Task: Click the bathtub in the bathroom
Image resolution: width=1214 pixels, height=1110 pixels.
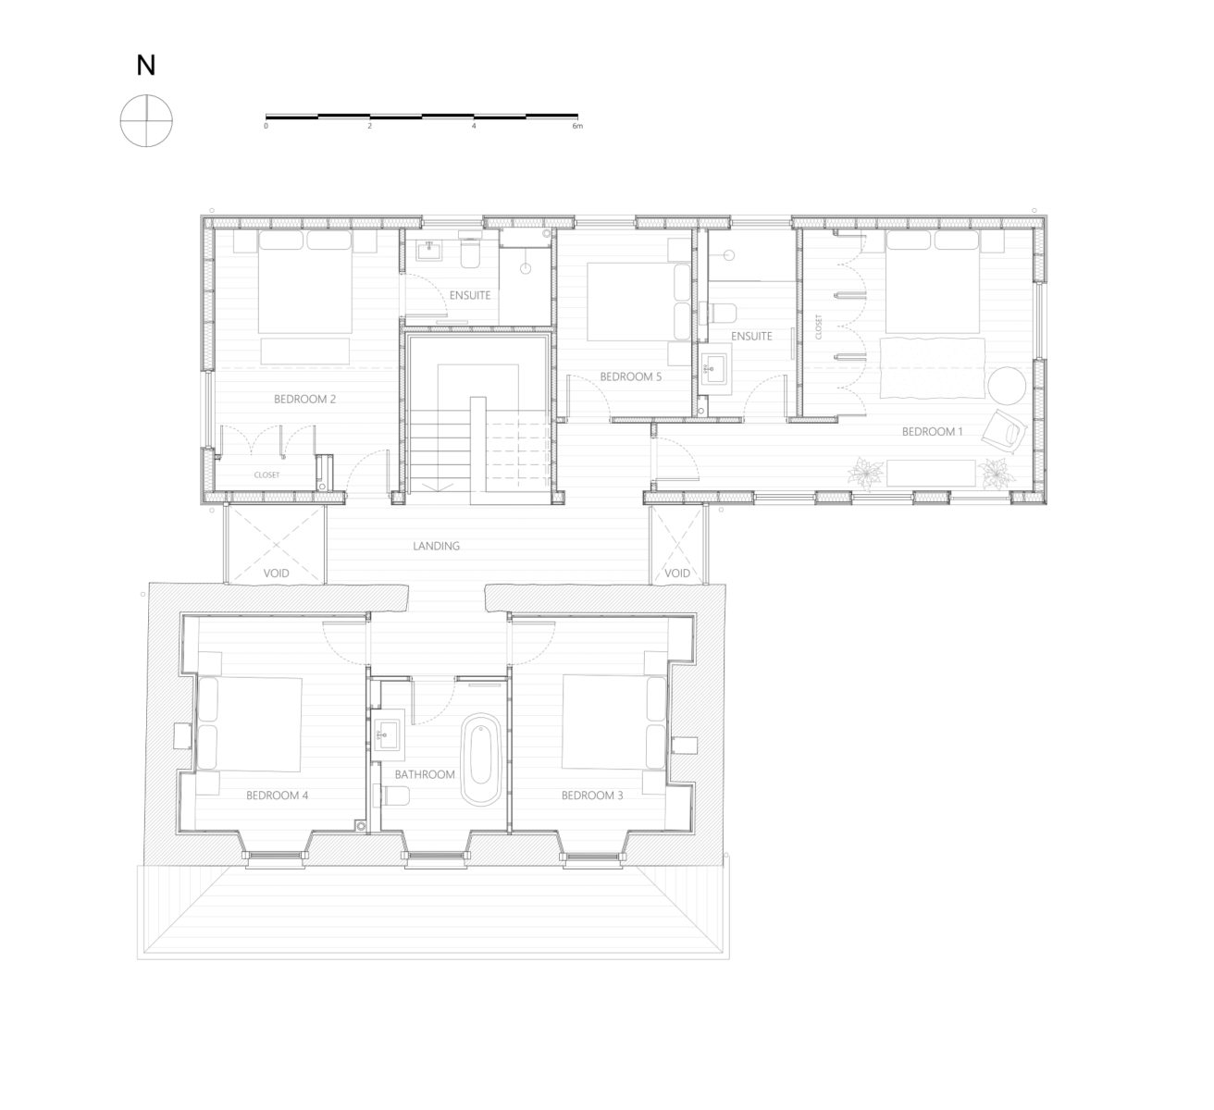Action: (x=481, y=759)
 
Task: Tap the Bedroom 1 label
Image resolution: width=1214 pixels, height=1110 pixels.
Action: (x=932, y=432)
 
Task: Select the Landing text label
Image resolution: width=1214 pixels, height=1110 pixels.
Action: (x=437, y=546)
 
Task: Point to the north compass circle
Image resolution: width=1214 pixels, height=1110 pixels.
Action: (x=146, y=120)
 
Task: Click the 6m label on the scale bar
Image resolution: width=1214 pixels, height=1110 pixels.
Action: (x=578, y=126)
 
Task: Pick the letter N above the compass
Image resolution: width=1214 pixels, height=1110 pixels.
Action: (x=146, y=66)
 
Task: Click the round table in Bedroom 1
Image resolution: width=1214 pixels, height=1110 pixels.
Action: (x=1007, y=386)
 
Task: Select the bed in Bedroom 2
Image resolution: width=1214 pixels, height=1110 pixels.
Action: (x=305, y=281)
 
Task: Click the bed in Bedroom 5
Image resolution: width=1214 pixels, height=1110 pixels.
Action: (x=639, y=302)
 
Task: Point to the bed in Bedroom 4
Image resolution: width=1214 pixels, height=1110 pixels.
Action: (x=249, y=724)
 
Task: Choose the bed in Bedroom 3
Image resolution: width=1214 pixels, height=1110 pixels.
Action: (x=615, y=722)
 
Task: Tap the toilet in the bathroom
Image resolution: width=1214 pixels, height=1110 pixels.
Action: (x=391, y=795)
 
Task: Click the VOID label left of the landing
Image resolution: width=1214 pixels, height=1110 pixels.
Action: (x=276, y=573)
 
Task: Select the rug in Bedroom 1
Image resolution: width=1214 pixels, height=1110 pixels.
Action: (x=932, y=368)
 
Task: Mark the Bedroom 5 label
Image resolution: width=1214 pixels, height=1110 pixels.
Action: (x=631, y=376)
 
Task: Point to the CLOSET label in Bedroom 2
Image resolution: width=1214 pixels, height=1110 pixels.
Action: (x=266, y=475)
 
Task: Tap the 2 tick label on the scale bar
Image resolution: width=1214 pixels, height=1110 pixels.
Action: (x=370, y=126)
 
